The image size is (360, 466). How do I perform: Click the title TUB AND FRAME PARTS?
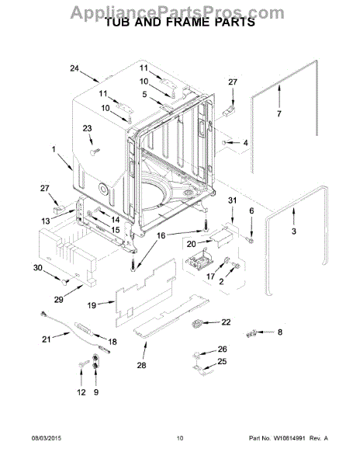pos(179,23)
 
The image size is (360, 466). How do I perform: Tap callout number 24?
pos(74,68)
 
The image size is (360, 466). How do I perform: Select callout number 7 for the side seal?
pos(294,231)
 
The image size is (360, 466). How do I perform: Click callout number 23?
pos(88,129)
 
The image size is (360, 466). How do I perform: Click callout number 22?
pos(226,322)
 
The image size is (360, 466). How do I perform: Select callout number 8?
pos(280,332)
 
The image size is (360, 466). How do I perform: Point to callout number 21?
pos(46,339)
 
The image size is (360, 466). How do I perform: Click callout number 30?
pos(36,268)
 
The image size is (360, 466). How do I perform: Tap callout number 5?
pos(144,95)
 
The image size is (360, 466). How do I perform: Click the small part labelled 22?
pos(204,323)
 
